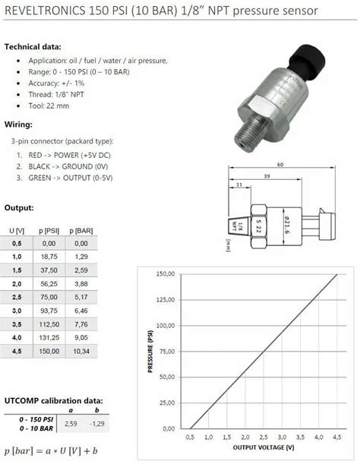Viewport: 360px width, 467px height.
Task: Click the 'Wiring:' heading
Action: click(x=19, y=124)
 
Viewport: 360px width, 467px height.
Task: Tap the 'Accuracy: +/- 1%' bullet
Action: click(x=55, y=84)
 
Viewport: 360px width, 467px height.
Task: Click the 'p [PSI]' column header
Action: click(x=50, y=229)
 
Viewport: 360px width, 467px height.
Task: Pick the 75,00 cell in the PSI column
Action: click(x=50, y=297)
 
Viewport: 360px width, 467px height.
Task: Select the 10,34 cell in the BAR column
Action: click(x=82, y=352)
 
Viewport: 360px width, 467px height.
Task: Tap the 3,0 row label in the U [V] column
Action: click(x=16, y=311)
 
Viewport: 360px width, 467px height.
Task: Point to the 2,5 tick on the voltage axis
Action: click(x=244, y=437)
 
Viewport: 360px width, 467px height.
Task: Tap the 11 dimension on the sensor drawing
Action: click(x=239, y=185)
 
